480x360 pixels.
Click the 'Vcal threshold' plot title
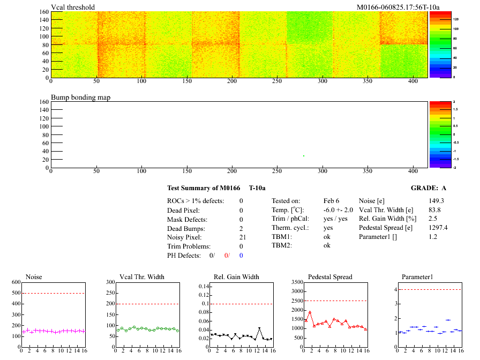click(73, 7)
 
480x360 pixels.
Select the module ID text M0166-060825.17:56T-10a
click(397, 7)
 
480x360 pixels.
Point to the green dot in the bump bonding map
click(304, 156)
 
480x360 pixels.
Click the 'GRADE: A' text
click(428, 188)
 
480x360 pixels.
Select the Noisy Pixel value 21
click(242, 237)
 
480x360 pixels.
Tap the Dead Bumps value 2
click(241, 228)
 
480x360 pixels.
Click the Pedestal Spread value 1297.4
click(438, 228)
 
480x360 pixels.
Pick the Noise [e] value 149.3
click(437, 201)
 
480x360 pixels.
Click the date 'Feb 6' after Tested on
click(331, 201)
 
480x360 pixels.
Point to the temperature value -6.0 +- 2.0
click(338, 210)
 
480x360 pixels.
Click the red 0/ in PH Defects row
click(227, 256)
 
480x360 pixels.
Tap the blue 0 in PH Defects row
click(241, 256)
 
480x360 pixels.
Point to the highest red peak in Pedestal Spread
click(310, 312)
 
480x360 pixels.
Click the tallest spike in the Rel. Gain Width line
click(259, 328)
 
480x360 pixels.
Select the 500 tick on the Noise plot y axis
click(14, 293)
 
